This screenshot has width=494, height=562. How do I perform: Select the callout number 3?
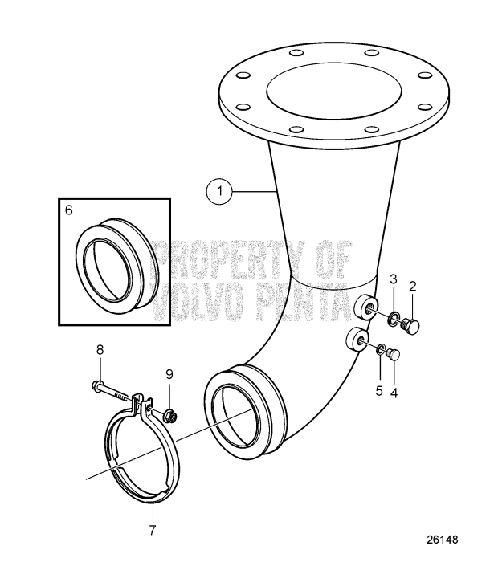point(394,279)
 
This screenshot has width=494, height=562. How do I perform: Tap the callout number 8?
point(100,349)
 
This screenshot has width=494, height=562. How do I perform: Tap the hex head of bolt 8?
point(98,385)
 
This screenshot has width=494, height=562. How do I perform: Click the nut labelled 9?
point(170,414)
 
